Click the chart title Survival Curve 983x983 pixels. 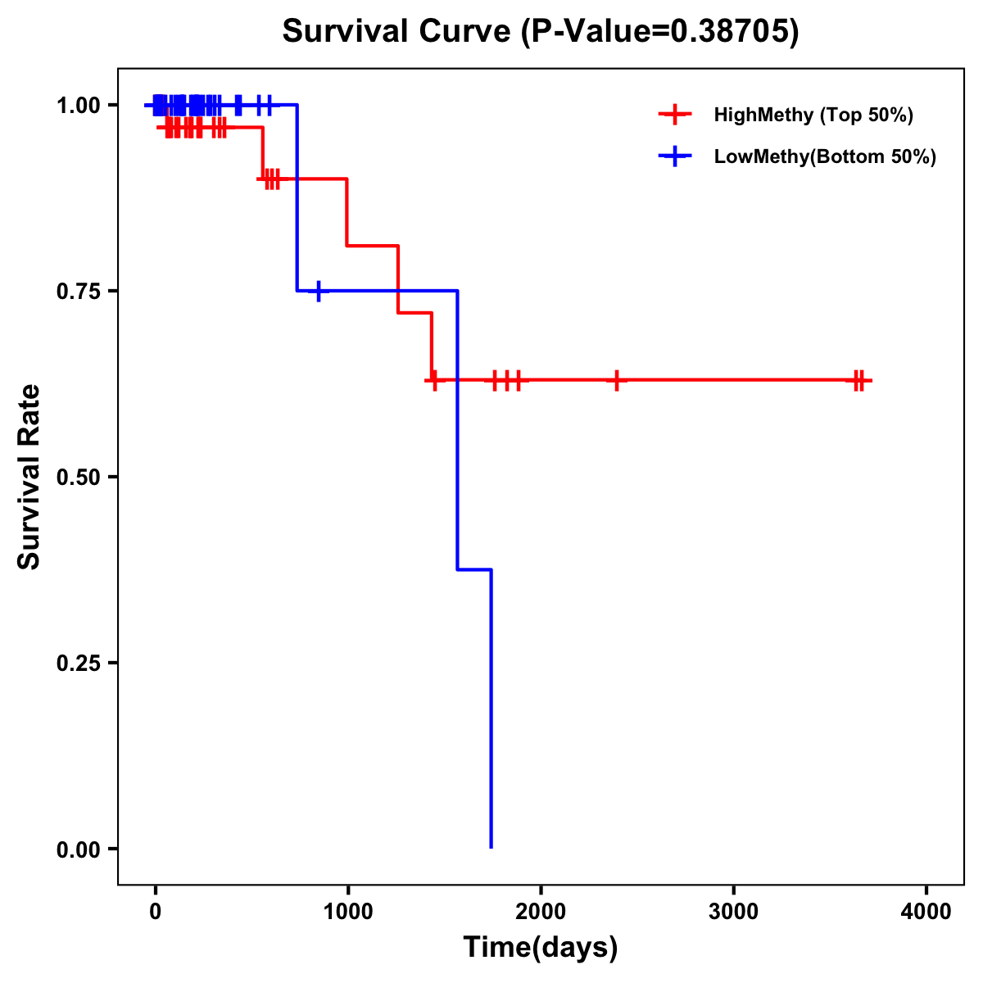[400, 31]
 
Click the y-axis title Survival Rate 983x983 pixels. [29, 477]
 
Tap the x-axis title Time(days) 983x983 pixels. [541, 947]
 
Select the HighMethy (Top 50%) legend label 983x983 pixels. [813, 115]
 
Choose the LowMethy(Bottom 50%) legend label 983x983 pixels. [825, 156]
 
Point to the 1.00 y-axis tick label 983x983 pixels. [78, 105]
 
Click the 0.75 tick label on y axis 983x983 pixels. [78, 291]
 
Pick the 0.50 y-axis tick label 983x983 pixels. [78, 477]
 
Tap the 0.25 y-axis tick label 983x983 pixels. [78, 663]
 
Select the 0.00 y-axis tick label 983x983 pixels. [78, 849]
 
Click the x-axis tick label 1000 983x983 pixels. [348, 912]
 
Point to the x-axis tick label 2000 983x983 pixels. [541, 912]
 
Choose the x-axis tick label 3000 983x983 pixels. [733, 912]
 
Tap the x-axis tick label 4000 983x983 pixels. [926, 912]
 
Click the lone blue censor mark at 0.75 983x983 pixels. [319, 291]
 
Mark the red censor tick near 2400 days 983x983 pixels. [617, 380]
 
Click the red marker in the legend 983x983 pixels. [675, 115]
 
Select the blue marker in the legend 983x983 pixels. [675, 156]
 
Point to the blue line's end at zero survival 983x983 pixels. [491, 847]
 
